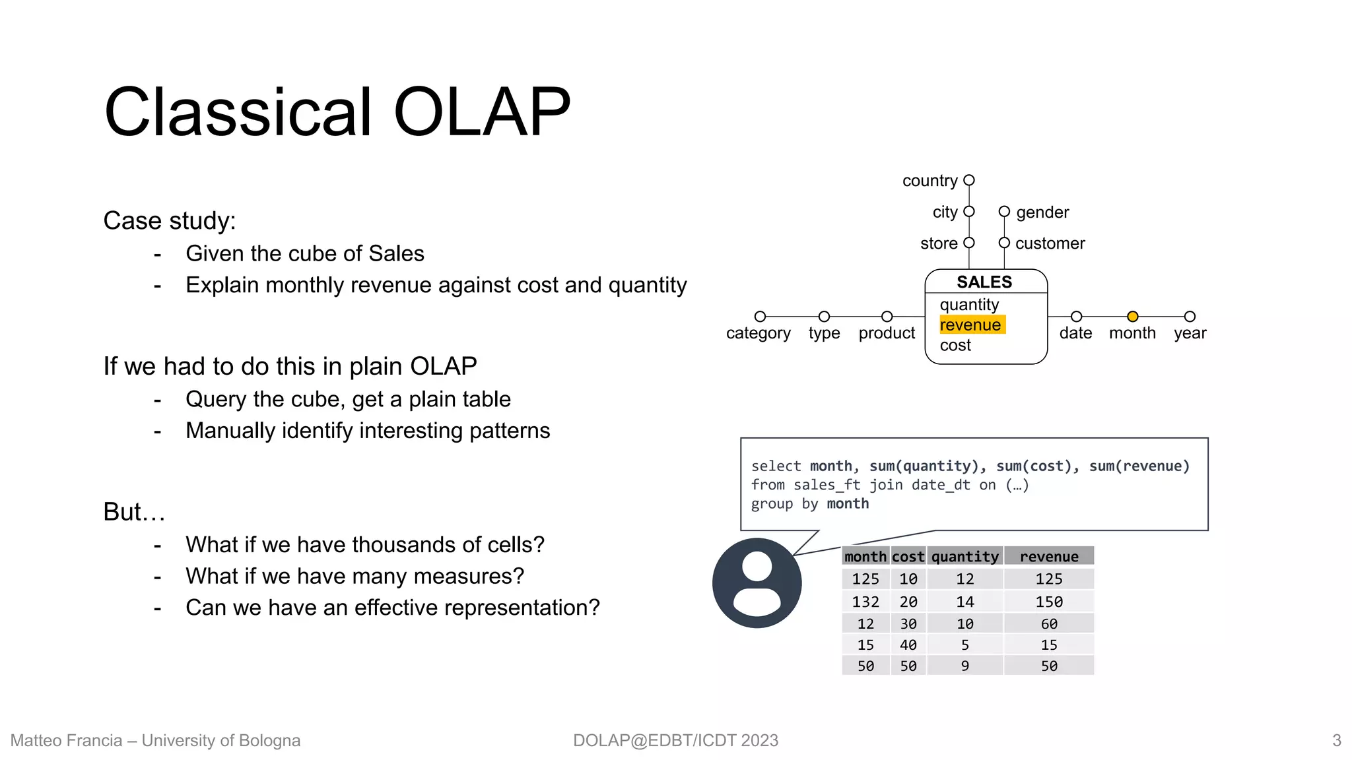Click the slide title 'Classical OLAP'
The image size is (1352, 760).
pyautogui.click(x=337, y=112)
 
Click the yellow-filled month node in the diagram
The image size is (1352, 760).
pyautogui.click(x=1132, y=317)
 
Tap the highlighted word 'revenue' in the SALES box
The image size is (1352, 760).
pyautogui.click(x=970, y=325)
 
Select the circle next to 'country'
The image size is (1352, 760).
pyautogui.click(x=969, y=180)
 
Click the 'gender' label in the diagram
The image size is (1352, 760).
pyautogui.click(x=1042, y=212)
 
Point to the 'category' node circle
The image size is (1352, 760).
pyautogui.click(x=760, y=317)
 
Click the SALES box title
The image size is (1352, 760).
pyautogui.click(x=984, y=282)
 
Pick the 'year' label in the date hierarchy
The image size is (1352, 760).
pyautogui.click(x=1190, y=334)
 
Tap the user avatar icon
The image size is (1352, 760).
pyautogui.click(x=757, y=583)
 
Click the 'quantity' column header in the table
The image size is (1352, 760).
pyautogui.click(x=964, y=557)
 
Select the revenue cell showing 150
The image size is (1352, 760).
pyautogui.click(x=1048, y=602)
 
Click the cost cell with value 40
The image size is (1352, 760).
pyautogui.click(x=908, y=645)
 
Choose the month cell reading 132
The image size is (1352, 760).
pyautogui.click(x=865, y=602)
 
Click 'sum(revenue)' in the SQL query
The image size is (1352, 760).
pyautogui.click(x=1139, y=466)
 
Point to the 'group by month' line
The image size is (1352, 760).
pyautogui.click(x=810, y=504)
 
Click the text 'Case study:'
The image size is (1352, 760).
pyautogui.click(x=170, y=221)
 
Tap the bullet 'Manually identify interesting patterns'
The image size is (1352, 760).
pyautogui.click(x=368, y=431)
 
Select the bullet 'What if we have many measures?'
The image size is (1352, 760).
pyautogui.click(x=355, y=577)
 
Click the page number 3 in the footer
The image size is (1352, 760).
pyautogui.click(x=1336, y=740)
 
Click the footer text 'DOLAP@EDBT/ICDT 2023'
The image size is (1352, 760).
pyautogui.click(x=675, y=740)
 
